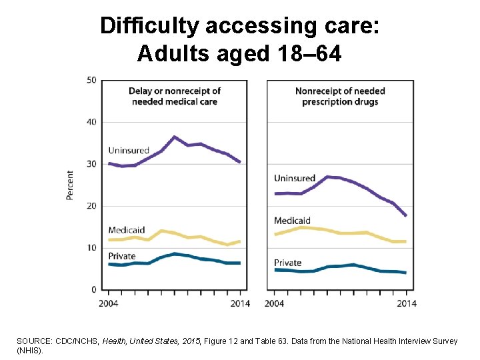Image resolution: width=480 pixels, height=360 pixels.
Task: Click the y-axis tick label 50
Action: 92,80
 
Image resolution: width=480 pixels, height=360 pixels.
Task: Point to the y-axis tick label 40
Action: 92,122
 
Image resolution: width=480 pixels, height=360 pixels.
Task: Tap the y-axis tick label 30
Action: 92,164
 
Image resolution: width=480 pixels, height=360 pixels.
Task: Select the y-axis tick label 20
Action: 92,206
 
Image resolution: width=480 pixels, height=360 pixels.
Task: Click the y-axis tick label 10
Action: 92,248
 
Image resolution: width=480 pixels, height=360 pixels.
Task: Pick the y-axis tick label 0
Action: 94,290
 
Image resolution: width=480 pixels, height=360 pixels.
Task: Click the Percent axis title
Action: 70,185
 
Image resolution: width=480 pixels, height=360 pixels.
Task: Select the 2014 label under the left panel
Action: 240,304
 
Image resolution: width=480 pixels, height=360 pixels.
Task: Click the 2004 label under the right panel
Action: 275,304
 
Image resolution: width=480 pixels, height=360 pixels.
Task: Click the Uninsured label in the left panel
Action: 129,151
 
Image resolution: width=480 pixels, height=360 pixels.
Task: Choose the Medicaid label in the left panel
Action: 126,230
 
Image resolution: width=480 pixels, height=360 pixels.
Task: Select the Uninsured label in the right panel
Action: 295,179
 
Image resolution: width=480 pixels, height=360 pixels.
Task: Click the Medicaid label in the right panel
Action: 292,221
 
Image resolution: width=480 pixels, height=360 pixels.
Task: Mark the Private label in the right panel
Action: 288,263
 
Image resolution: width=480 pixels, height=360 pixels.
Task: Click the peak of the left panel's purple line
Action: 174,137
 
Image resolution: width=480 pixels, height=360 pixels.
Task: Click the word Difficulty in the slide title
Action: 150,26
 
